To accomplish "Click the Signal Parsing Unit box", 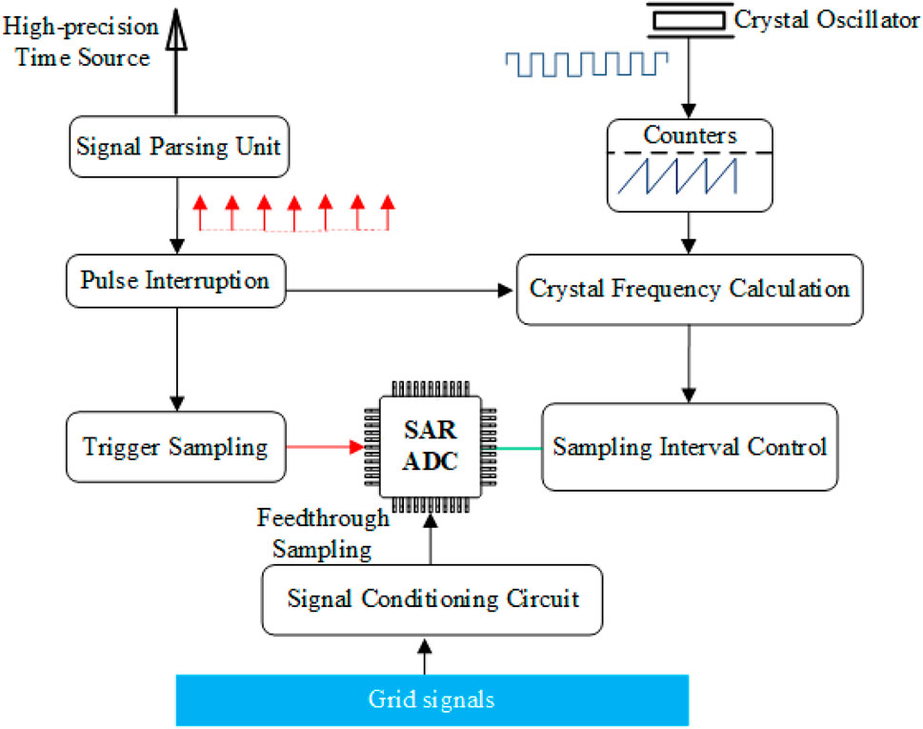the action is (179, 147).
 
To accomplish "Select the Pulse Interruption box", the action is (175, 281).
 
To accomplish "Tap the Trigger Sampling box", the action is (176, 447).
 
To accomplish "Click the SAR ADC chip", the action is (431, 447).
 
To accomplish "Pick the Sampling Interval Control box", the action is (690, 447).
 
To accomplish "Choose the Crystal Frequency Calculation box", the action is (690, 289).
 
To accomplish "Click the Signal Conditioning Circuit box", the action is (432, 599).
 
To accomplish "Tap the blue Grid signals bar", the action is (432, 699).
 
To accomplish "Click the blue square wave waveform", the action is (587, 64).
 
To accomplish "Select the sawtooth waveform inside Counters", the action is (677, 175).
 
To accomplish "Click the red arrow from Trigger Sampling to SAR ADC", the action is (326, 447).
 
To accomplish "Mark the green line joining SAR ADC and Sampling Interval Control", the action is (519, 448).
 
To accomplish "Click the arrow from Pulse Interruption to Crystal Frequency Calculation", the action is (400, 291).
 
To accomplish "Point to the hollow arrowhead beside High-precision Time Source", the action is (176, 30).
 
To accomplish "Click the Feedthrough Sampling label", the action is (323, 534).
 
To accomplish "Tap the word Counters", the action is (690, 135).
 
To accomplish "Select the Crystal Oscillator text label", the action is (827, 20).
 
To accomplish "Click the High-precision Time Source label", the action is (81, 42).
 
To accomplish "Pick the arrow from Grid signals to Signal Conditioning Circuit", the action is (425, 658).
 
